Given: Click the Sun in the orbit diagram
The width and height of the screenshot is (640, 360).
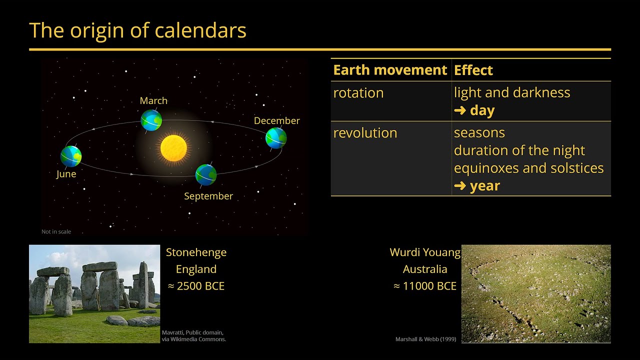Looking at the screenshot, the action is click(x=173, y=148).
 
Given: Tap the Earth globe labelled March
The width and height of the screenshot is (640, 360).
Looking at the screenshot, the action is click(x=151, y=120).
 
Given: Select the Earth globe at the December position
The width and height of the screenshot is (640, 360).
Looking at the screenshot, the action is click(x=276, y=138).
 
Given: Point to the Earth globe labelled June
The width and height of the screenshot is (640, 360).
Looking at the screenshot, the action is click(x=71, y=156).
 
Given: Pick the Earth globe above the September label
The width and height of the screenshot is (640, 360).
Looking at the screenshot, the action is click(x=205, y=175).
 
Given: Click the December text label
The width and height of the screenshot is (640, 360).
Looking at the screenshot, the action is click(x=276, y=120).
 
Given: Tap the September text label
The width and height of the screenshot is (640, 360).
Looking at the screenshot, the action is click(x=208, y=196).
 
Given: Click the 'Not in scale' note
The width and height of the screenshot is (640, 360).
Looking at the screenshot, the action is click(x=56, y=231).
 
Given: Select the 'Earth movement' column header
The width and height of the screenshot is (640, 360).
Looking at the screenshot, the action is click(x=390, y=70).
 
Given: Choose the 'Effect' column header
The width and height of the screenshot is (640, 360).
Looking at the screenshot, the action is click(x=473, y=70).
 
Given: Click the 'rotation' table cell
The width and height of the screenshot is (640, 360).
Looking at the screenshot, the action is click(x=358, y=93).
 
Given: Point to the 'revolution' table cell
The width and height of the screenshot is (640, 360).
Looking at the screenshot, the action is click(x=365, y=133).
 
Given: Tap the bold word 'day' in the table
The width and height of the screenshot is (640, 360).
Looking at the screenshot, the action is click(x=482, y=110).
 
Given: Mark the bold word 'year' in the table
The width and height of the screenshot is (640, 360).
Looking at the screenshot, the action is click(x=485, y=186).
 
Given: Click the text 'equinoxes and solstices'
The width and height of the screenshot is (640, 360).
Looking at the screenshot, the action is click(x=528, y=168).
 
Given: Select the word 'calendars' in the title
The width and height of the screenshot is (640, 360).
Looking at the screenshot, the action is click(x=200, y=30).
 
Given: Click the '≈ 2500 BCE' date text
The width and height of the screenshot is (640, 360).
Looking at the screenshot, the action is click(x=196, y=286).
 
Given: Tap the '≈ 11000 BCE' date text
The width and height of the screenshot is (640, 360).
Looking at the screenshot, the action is click(x=425, y=286).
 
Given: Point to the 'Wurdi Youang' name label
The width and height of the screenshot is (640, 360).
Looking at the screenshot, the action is click(x=425, y=252).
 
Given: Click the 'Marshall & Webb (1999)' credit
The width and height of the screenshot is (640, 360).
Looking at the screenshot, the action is click(x=425, y=339).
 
